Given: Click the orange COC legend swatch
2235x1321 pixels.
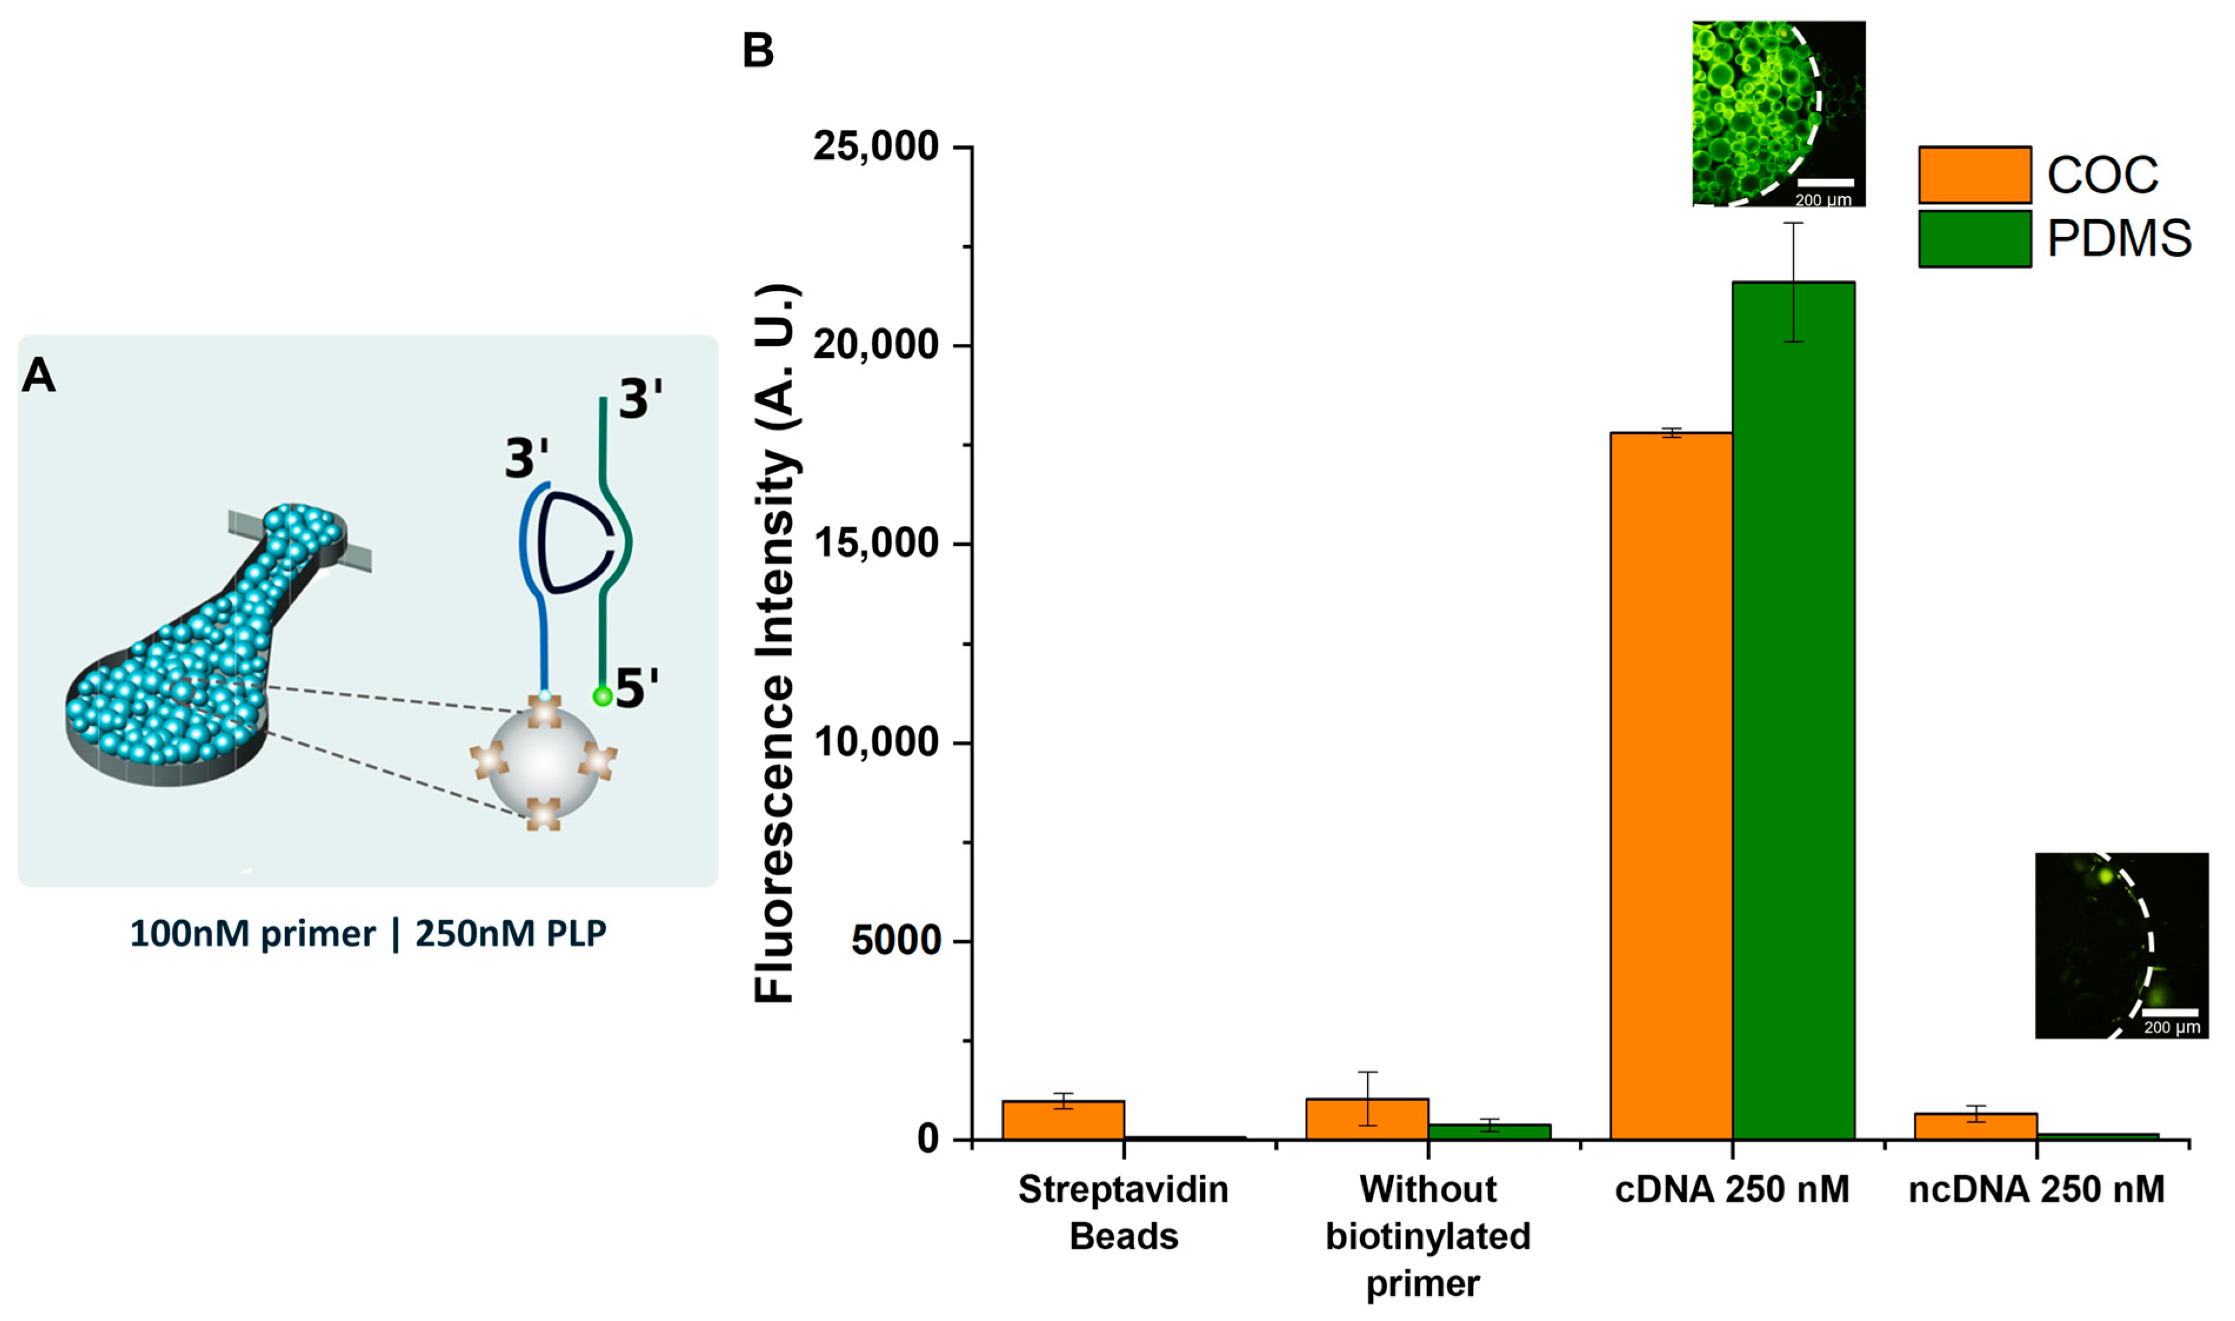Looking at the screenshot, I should click(x=1974, y=175).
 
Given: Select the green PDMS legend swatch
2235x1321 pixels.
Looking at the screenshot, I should click(x=1974, y=239).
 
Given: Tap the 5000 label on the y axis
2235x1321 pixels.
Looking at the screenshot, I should click(x=895, y=940).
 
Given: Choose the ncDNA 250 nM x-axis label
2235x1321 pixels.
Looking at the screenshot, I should click(x=2036, y=1190).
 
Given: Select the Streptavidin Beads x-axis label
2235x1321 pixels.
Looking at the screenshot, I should click(x=1123, y=1212).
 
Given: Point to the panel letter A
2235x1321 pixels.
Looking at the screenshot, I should click(x=38, y=375).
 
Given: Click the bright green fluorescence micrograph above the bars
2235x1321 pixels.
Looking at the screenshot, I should click(x=1778, y=114).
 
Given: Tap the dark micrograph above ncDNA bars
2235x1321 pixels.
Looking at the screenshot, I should click(x=2121, y=946).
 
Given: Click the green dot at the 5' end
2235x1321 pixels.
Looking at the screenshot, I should click(x=603, y=696).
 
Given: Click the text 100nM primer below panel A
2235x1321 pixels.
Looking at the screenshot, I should click(x=252, y=934).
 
